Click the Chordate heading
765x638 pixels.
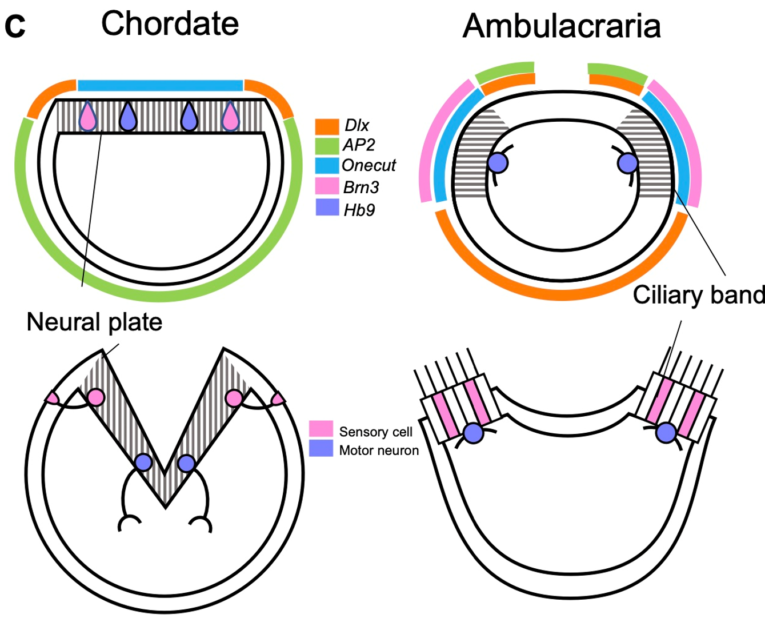coord(170,24)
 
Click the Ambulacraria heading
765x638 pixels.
coord(562,26)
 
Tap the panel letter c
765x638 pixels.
coord(15,25)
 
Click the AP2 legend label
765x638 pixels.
coord(359,145)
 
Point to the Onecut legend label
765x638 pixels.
coord(369,166)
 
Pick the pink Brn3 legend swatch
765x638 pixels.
coord(327,186)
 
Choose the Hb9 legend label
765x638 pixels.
coord(359,210)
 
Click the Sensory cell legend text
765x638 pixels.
coord(375,432)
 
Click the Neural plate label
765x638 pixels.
coord(94,322)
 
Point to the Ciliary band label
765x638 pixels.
coord(698,295)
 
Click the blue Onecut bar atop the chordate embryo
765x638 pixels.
coord(160,86)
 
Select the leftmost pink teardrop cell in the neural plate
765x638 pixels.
coord(87,118)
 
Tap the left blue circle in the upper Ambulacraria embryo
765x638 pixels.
coord(498,164)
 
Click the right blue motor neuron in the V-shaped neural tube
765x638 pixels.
coord(186,462)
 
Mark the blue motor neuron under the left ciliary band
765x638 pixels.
coord(473,433)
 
